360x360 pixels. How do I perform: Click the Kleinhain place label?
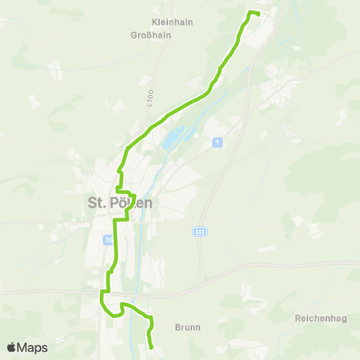click(172, 22)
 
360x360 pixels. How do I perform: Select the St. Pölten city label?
click(121, 202)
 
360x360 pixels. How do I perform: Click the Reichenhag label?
click(321, 319)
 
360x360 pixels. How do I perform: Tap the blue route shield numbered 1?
click(217, 142)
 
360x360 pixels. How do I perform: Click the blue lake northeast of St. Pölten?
click(171, 138)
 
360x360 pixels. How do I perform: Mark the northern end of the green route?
click(258, 13)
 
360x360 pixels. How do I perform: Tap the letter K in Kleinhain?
click(154, 22)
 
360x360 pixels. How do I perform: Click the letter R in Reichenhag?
click(298, 319)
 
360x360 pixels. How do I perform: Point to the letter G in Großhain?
click(133, 35)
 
